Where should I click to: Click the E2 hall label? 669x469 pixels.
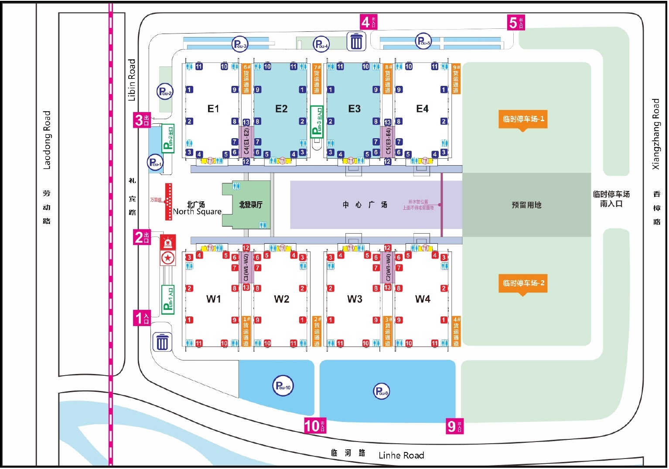click(x=281, y=109)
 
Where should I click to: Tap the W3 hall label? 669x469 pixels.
click(x=355, y=299)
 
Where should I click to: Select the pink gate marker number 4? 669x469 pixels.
click(x=368, y=22)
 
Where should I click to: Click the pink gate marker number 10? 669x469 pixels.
click(x=315, y=426)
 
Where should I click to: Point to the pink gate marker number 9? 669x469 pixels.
click(x=454, y=426)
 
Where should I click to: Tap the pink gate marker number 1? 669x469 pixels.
click(x=142, y=318)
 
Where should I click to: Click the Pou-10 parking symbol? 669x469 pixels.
click(x=283, y=386)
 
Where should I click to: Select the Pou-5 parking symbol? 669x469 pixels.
click(x=423, y=41)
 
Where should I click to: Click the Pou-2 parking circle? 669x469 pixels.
click(x=165, y=92)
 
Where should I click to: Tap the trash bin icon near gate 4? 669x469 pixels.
click(x=356, y=41)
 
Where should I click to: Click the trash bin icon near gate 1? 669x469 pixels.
click(x=162, y=342)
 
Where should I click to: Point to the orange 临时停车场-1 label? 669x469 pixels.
click(x=523, y=119)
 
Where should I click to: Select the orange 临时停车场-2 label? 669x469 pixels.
click(x=523, y=283)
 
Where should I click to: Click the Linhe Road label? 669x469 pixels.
click(x=401, y=455)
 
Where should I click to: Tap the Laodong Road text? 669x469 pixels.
click(x=47, y=140)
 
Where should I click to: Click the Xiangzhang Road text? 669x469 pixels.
click(x=655, y=134)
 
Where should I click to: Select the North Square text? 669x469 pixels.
click(x=197, y=211)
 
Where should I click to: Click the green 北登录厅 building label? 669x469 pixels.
click(x=250, y=205)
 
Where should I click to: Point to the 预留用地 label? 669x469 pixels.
click(x=526, y=205)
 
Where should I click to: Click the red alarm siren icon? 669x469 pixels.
click(x=168, y=242)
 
